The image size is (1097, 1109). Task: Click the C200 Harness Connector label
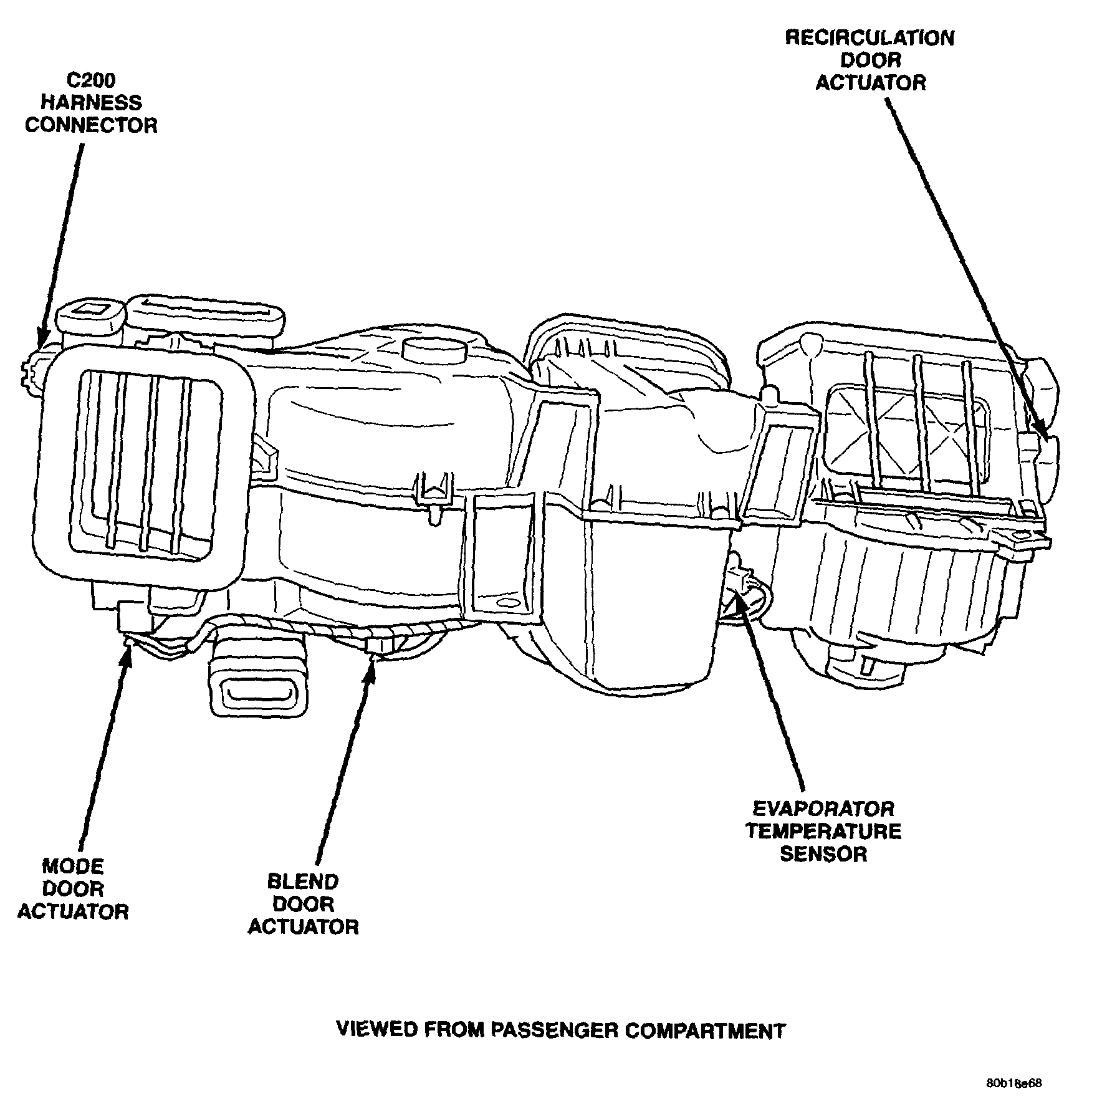(90, 103)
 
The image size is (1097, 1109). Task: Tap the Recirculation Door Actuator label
(870, 60)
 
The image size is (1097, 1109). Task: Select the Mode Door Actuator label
(73, 889)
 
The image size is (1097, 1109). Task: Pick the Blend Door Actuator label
(304, 905)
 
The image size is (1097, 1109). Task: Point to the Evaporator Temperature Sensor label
(823, 832)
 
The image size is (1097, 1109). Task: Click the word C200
(90, 80)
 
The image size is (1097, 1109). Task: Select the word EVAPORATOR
(823, 809)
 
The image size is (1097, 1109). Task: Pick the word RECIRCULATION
(870, 38)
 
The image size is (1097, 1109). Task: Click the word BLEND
(304, 882)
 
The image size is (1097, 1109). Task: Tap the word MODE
(73, 867)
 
